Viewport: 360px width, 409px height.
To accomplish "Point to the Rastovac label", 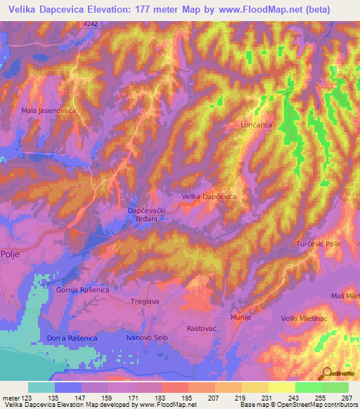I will pyautogui.click(x=200, y=328).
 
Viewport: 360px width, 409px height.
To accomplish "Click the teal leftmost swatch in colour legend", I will pyautogui.click(x=41, y=387).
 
